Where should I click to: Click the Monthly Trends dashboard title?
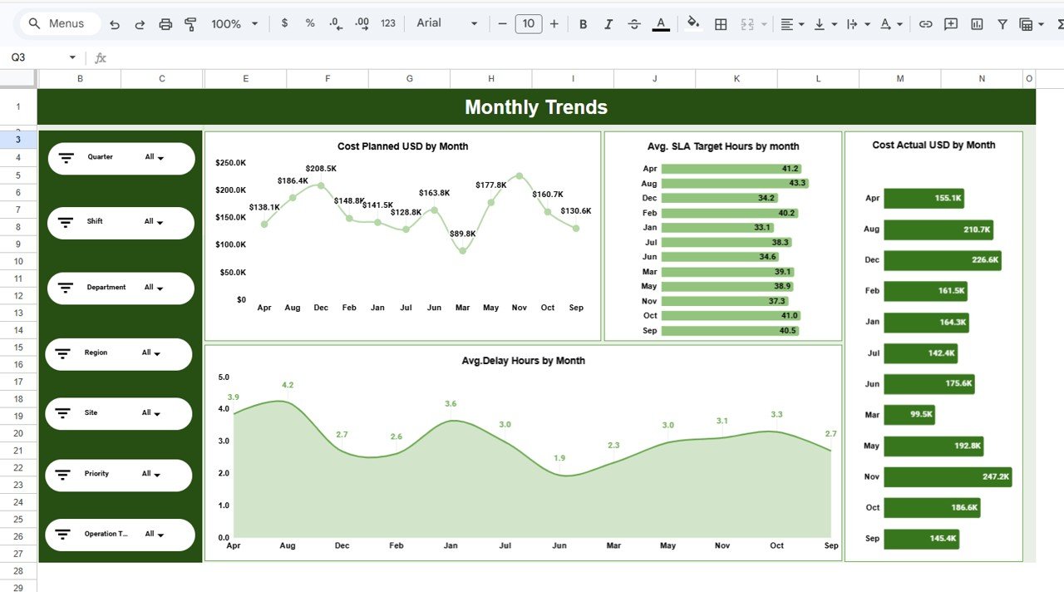(536, 107)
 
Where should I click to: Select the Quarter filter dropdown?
(155, 157)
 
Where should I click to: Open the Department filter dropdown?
(154, 288)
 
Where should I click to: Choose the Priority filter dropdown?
(151, 474)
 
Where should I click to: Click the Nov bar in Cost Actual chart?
(947, 476)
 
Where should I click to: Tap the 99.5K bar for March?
(909, 415)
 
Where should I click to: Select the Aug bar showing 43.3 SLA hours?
(734, 184)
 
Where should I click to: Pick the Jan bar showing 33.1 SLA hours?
(717, 228)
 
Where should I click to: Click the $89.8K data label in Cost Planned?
(462, 234)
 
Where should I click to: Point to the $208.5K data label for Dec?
(321, 169)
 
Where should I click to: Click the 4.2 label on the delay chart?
(288, 385)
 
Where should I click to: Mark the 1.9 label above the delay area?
(559, 458)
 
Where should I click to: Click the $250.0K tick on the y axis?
(230, 163)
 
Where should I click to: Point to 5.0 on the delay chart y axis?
(223, 377)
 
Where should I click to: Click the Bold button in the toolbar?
(583, 24)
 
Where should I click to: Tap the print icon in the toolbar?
(165, 24)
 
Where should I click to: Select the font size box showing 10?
(528, 24)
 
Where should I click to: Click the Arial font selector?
(447, 23)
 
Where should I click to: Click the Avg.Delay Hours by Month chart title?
(523, 361)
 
